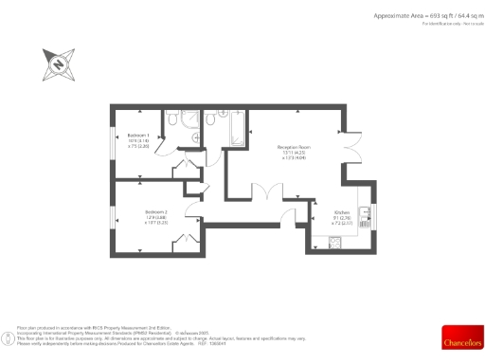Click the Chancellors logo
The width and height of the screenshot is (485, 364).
pos(461,338)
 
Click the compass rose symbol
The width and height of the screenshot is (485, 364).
pos(57,64)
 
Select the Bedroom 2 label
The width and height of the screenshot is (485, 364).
pos(156,211)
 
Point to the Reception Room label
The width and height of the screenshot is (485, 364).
pos(294,147)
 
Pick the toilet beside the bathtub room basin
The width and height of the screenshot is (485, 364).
pos(209,121)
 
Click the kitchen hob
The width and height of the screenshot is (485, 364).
pos(333,243)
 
